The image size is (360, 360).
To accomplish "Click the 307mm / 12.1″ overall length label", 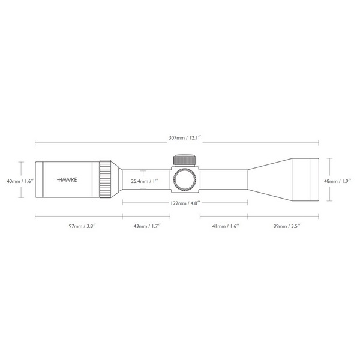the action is [x=185, y=138].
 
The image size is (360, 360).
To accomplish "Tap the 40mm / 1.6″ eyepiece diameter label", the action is [x=20, y=181].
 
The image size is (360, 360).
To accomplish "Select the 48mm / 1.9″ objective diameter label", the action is [x=338, y=181].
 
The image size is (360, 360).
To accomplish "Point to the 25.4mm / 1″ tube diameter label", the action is [x=145, y=181].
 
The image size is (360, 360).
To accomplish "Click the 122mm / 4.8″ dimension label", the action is [x=185, y=203].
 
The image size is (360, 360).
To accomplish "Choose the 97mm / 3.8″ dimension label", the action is [x=82, y=226].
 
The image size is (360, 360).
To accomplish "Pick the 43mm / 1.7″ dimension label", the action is [x=147, y=226].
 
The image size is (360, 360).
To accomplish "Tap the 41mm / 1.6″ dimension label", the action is [x=226, y=226].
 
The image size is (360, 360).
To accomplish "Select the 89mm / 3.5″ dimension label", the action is [x=287, y=226].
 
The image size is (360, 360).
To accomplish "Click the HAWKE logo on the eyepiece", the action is [x=67, y=179].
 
